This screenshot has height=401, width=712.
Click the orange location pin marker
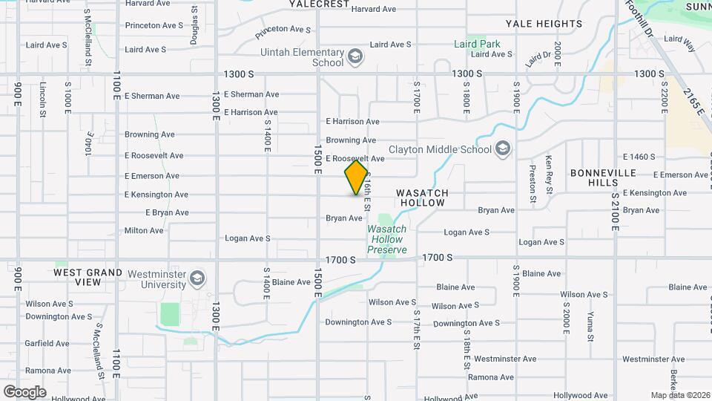coord(357,177)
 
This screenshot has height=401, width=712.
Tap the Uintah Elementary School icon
coord(356,56)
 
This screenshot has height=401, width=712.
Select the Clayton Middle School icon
coord(504,149)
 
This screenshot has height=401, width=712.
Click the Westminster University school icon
coord(197,279)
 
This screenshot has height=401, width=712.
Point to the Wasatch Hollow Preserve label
coord(387,239)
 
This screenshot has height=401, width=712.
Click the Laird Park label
coord(477,44)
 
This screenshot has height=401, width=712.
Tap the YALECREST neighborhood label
coord(319,4)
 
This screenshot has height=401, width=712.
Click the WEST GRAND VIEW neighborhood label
coord(88,277)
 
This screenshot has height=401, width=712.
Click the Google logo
coord(24,391)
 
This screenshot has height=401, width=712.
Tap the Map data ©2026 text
coord(679,395)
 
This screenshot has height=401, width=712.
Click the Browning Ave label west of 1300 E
coord(149,134)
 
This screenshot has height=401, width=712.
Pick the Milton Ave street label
coord(144,231)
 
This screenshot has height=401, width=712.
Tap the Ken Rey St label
coord(550,170)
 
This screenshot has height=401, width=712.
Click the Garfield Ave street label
coord(47,344)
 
